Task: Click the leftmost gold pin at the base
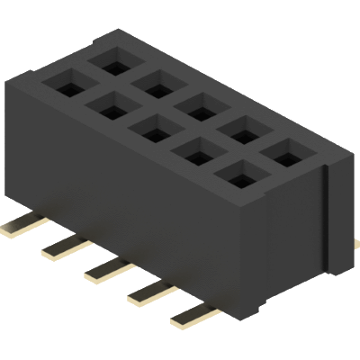pyautogui.click(x=18, y=226)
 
